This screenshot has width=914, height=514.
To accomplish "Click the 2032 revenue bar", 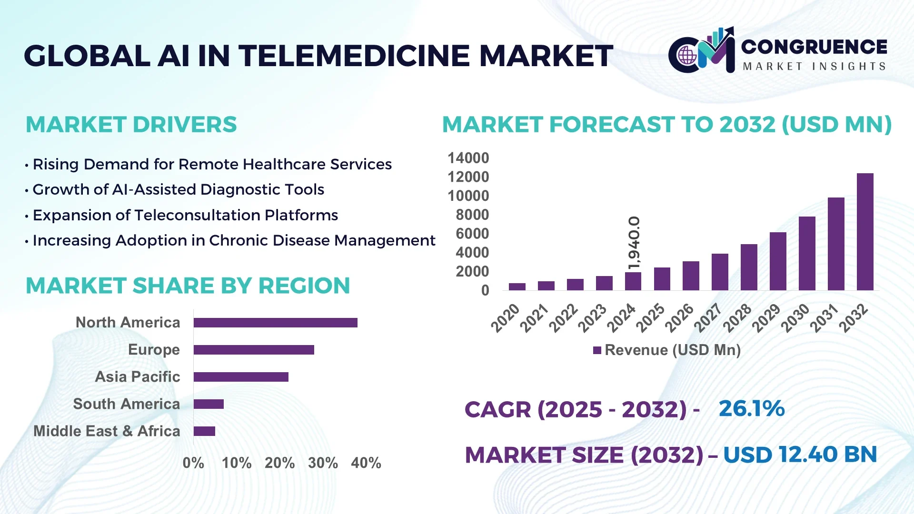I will [x=864, y=232].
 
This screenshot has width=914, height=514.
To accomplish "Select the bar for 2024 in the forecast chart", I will [x=633, y=281].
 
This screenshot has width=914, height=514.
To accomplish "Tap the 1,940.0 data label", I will [x=634, y=243].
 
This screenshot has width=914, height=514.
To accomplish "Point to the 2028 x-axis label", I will [x=737, y=317].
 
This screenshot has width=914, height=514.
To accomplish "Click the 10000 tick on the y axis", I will [x=468, y=196].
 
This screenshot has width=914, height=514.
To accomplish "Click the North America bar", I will [x=275, y=323].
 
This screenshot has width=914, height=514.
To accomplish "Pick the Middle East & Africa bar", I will [x=204, y=431].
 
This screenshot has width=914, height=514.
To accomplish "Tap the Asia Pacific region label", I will [x=137, y=376].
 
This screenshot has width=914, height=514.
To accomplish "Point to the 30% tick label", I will [x=322, y=463].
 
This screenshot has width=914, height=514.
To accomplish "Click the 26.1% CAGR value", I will [x=751, y=408].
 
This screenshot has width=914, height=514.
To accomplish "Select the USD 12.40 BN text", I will [x=800, y=455].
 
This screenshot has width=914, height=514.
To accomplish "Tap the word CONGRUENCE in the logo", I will [x=814, y=47].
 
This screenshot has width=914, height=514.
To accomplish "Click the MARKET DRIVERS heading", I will [x=131, y=125].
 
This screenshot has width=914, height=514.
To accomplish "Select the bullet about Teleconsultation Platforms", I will [x=185, y=215].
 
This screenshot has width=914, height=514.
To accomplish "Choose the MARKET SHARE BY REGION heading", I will [x=188, y=286].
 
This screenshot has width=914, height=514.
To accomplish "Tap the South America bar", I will [x=209, y=404].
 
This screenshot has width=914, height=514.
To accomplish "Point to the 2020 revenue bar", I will [x=517, y=287].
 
